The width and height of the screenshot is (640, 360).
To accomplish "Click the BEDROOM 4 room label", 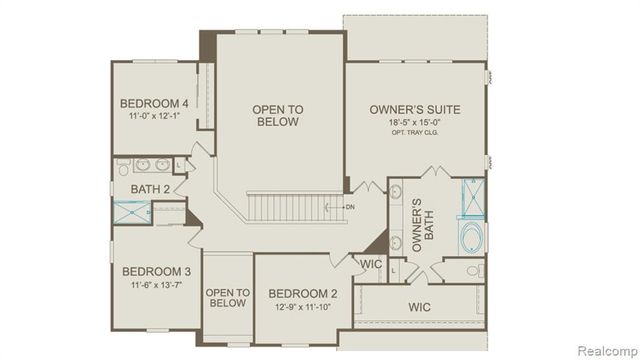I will tap(154, 104).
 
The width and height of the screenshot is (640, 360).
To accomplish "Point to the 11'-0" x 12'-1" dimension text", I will tap(154, 117).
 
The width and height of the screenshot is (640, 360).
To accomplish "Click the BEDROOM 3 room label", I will tap(156, 271).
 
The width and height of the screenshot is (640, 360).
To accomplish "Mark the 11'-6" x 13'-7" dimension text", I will tap(156, 285).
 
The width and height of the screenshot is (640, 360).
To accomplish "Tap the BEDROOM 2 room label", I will tap(302, 293).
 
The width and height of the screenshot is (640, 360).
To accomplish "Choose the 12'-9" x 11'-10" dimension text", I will tap(302, 306).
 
